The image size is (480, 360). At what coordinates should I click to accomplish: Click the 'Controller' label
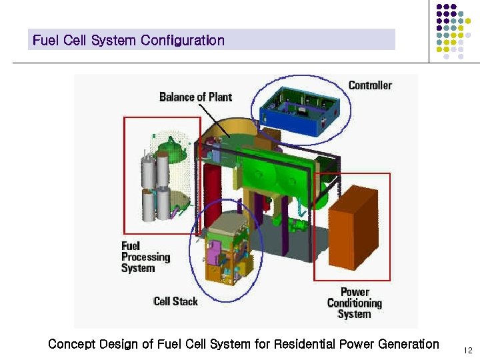pyautogui.click(x=370, y=85)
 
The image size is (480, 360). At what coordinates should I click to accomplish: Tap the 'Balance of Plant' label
pyautogui.click(x=195, y=97)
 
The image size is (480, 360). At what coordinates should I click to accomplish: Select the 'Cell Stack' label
pyautogui.click(x=175, y=301)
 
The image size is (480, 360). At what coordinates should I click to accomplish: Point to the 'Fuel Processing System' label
pyautogui.click(x=145, y=257)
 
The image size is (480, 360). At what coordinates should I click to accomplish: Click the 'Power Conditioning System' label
pyautogui.click(x=354, y=303)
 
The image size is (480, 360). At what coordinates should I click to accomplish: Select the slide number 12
pyautogui.click(x=467, y=350)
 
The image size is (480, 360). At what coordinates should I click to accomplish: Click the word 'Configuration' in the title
pyautogui.click(x=182, y=40)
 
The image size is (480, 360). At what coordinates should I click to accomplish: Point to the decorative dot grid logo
pyautogui.click(x=453, y=30)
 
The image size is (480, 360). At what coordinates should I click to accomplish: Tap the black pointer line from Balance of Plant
pyautogui.click(x=216, y=121)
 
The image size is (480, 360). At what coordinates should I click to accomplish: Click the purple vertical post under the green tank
pyautogui.click(x=285, y=227)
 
